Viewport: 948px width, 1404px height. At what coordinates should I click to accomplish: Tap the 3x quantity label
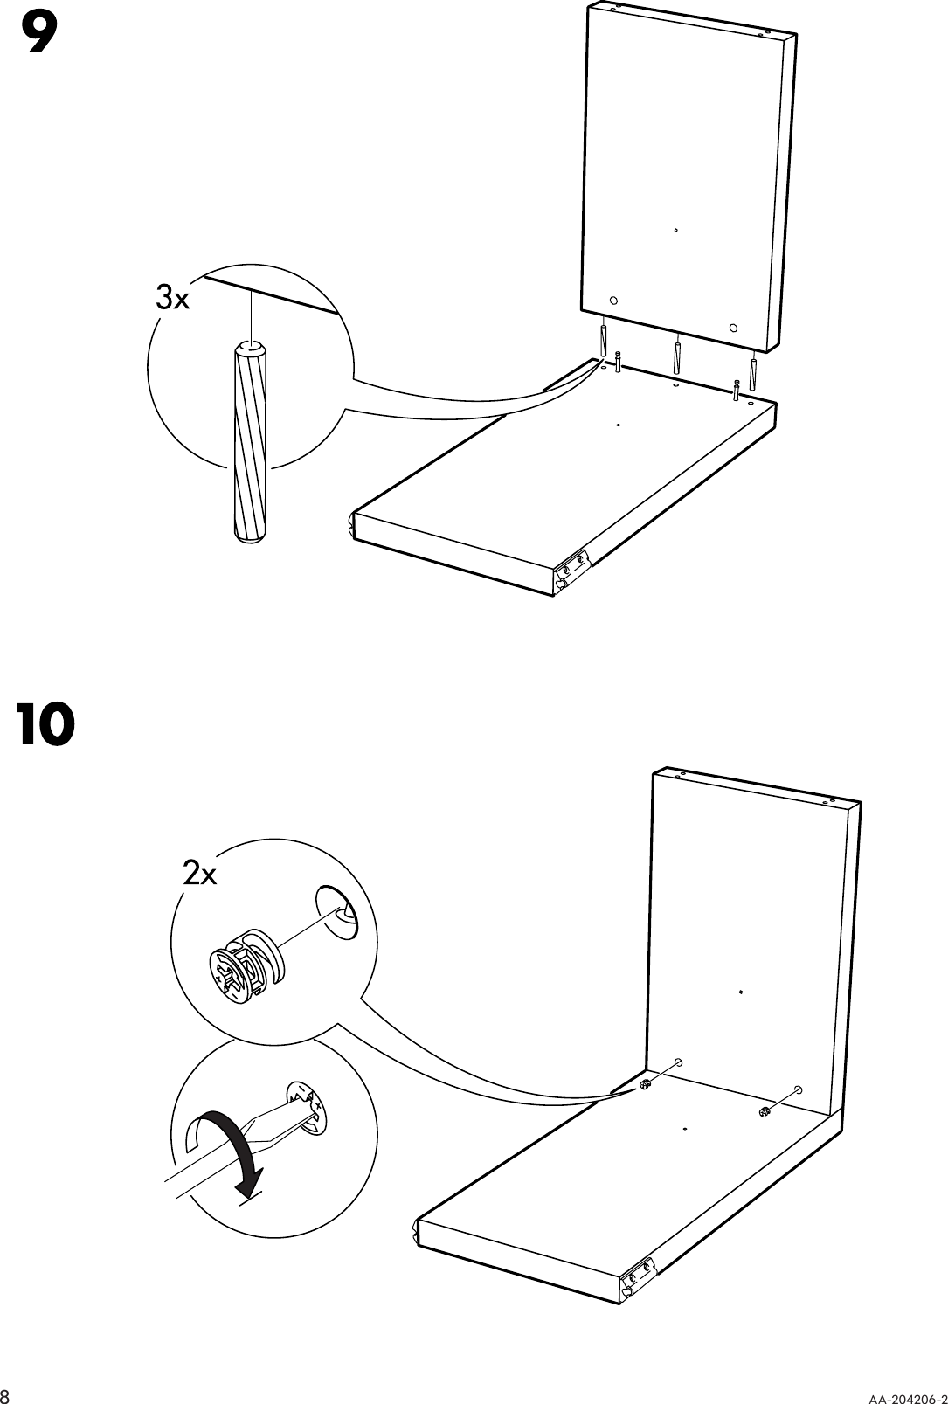click(x=172, y=299)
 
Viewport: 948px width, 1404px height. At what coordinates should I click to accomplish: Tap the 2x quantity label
click(x=200, y=873)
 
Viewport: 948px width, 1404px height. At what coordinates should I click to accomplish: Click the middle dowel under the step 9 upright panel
click(x=677, y=356)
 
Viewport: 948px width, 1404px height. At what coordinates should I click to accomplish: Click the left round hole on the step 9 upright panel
click(x=613, y=300)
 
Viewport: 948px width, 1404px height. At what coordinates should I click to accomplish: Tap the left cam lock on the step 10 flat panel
click(x=645, y=1085)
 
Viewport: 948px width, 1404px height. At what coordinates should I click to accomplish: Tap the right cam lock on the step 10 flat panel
click(x=764, y=1112)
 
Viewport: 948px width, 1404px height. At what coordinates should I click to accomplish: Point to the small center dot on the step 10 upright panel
click(x=740, y=992)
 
